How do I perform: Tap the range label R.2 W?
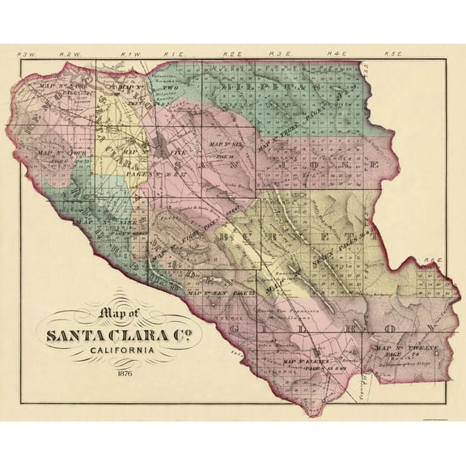click(74, 55)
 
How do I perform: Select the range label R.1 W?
click(130, 55)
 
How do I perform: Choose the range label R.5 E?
click(393, 55)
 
